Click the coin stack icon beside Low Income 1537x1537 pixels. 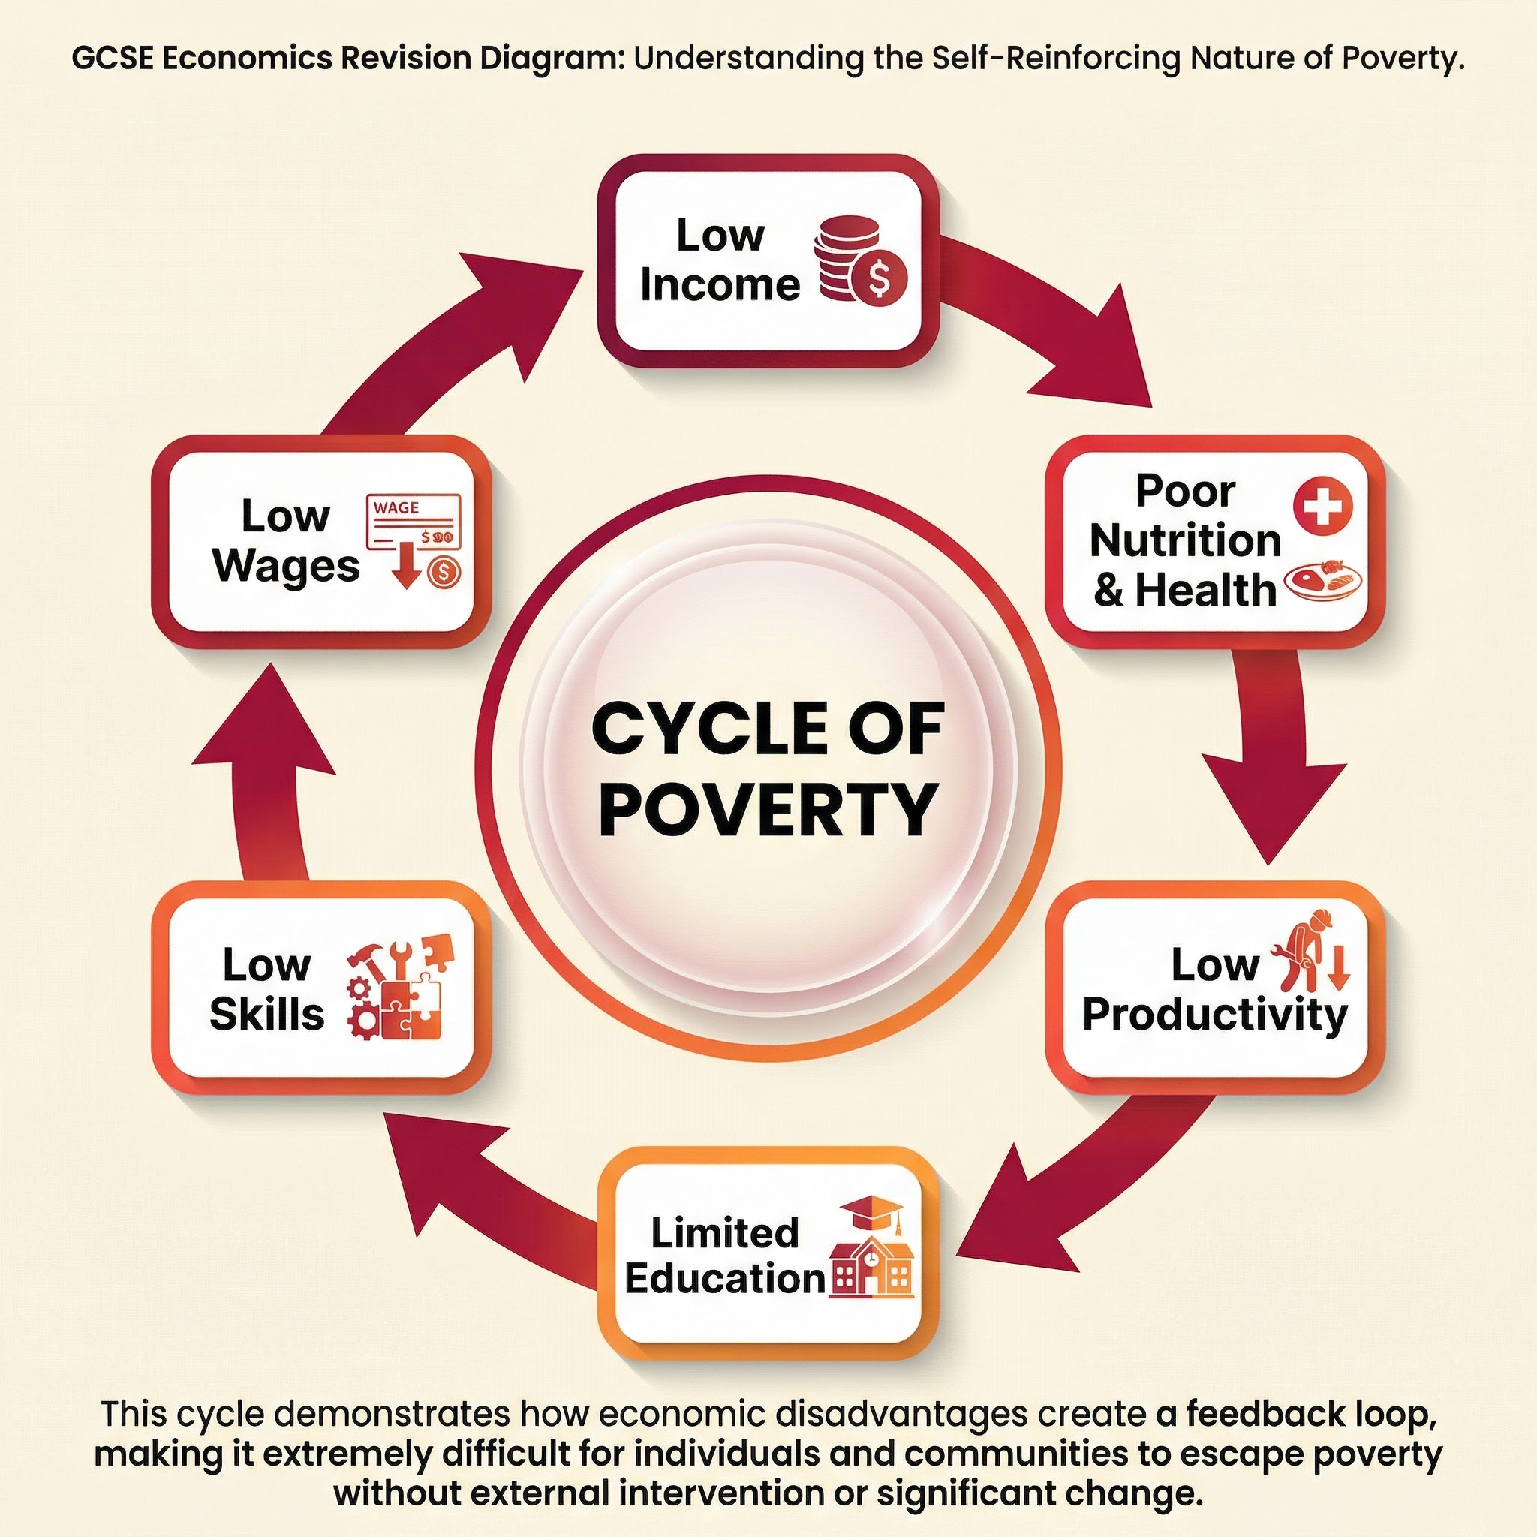[x=859, y=261]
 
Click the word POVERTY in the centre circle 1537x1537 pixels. [x=768, y=808]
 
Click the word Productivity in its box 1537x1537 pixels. [x=1215, y=1015]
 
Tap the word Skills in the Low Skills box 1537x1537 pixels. [x=266, y=1015]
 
